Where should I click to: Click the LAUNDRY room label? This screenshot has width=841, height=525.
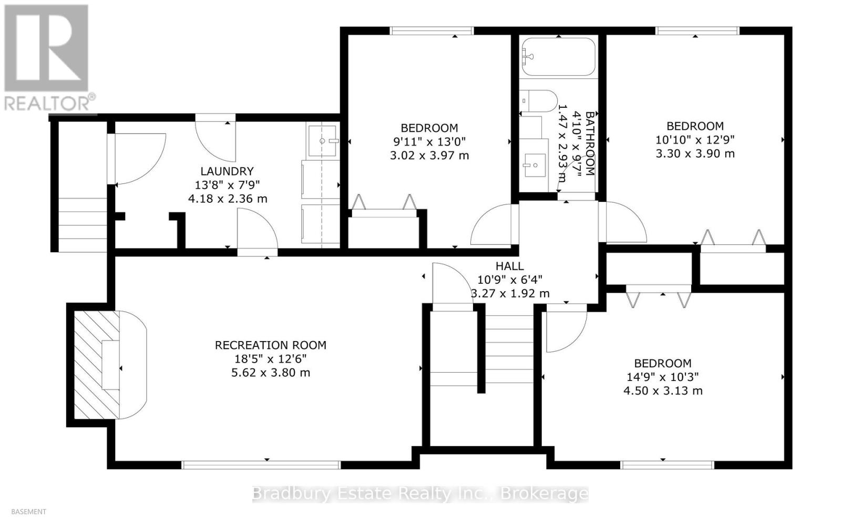227,171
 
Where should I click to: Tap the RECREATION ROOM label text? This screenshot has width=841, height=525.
271,345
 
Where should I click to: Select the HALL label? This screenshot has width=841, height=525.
509,266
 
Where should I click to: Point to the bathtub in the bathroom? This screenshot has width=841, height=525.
558,57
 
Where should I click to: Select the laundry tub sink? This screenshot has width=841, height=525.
322,140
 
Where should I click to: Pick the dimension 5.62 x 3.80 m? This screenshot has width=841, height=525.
271,373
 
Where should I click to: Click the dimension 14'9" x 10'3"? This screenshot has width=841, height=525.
663,377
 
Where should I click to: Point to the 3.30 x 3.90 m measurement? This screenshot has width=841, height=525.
695,153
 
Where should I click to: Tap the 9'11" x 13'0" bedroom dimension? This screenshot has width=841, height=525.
429,141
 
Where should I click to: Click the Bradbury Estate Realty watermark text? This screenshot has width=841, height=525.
420,493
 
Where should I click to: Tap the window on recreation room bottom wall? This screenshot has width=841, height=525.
261,464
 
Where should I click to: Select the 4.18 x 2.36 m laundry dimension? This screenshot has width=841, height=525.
227,199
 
